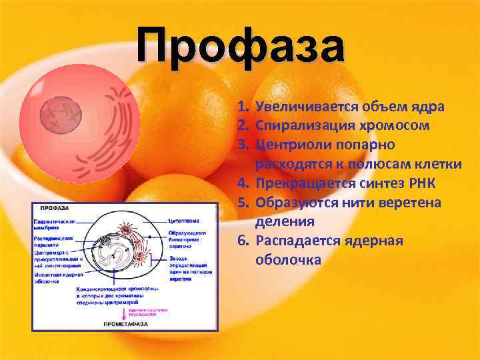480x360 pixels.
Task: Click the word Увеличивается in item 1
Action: (297, 107)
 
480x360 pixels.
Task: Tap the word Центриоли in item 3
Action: (285, 145)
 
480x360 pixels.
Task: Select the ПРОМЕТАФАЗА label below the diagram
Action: (125, 323)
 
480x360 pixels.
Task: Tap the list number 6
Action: (243, 241)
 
